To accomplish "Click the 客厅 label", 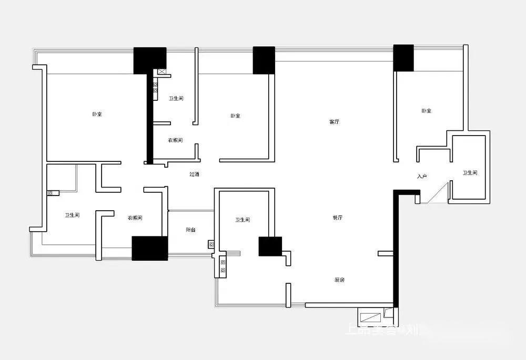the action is tap(334, 122).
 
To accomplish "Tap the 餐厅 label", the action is tap(337, 218).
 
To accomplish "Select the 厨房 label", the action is tap(339, 280).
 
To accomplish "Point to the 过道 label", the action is tap(194, 174).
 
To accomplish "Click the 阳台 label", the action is tap(190, 230).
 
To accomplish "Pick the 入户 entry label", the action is tap(421, 177).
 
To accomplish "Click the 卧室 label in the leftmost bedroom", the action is tap(97, 114).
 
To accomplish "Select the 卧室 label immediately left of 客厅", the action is tap(235, 116).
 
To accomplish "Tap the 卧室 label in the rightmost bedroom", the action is tap(426, 111).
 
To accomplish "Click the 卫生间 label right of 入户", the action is tap(470, 173).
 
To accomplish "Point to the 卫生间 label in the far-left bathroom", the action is tap(72, 215).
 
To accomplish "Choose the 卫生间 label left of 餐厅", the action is tap(242, 220).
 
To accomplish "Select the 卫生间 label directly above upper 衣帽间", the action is tap(176, 99).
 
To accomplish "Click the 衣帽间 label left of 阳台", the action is tap(135, 218).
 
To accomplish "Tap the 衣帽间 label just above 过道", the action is tap(175, 140).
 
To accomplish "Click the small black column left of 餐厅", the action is tap(270, 246).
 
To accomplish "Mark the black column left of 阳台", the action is tap(149, 248).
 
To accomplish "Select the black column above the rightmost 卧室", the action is tap(403, 58).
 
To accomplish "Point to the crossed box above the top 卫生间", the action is tap(162, 72).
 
